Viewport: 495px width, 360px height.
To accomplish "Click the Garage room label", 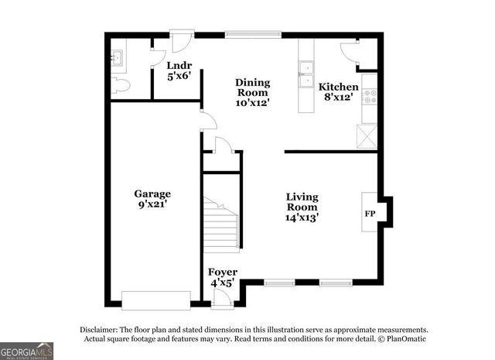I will pos(152,194).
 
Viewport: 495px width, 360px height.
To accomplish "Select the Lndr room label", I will pos(179,65).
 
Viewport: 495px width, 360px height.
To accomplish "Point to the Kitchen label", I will pos(339,87).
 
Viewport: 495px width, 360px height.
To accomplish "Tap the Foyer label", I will pos(223,273).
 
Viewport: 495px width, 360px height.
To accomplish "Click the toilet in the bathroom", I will pos(118,85).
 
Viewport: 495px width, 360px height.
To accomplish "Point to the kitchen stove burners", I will pos(369,97).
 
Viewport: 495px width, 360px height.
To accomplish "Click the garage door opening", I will pos(156,300).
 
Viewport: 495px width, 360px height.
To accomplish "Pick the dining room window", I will pos(252,35).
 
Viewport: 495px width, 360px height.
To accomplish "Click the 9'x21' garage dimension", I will pos(152,204).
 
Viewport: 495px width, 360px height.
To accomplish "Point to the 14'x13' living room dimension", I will pos(302,218).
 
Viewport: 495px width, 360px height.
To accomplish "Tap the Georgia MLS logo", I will pos(27,351).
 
